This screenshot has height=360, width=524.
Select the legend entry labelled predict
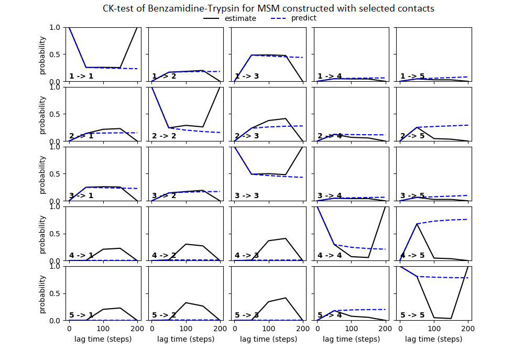(304, 18)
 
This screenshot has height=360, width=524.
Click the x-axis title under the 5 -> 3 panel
(268, 339)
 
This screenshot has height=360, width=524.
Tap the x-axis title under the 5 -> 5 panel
(434, 339)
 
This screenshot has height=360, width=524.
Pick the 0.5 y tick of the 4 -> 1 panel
(57, 234)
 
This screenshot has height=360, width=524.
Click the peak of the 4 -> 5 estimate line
(417, 224)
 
